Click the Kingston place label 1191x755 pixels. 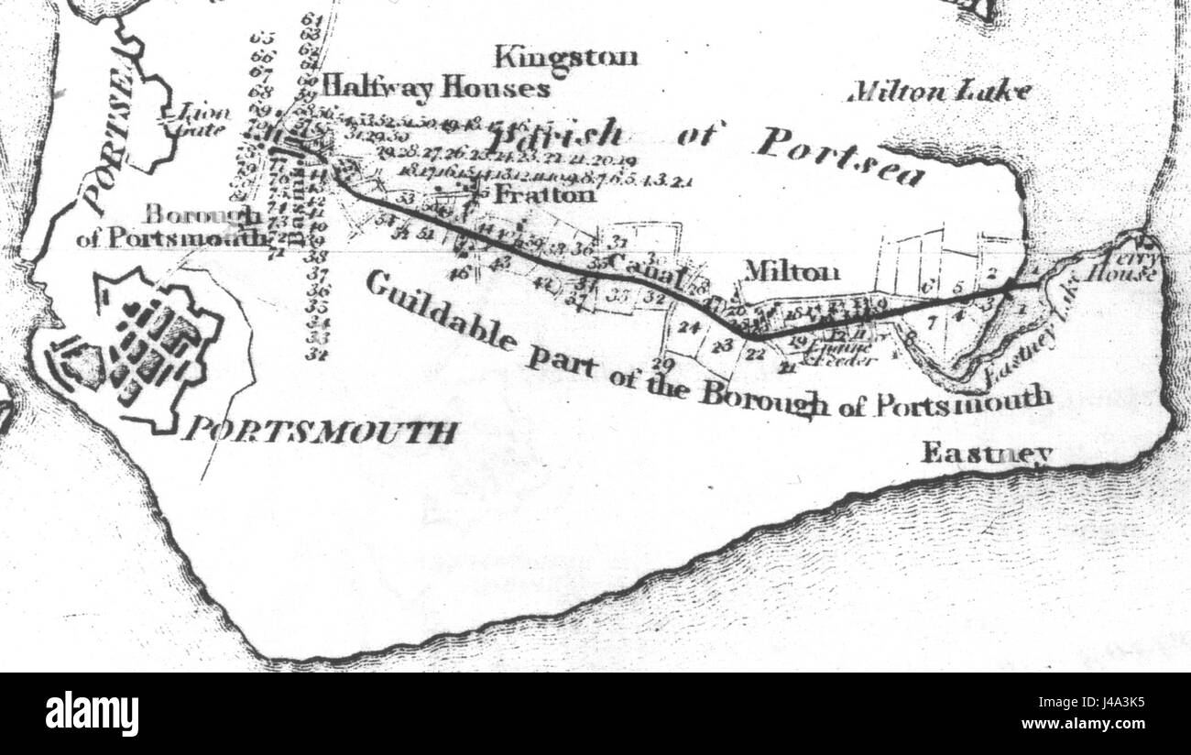pos(566,58)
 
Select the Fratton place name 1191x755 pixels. pos(544,195)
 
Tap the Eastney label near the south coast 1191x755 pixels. pos(986,452)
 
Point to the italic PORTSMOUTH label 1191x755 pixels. pos(318,431)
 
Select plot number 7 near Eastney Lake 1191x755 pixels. pos(931,323)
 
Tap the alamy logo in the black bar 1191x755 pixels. pos(92,714)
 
